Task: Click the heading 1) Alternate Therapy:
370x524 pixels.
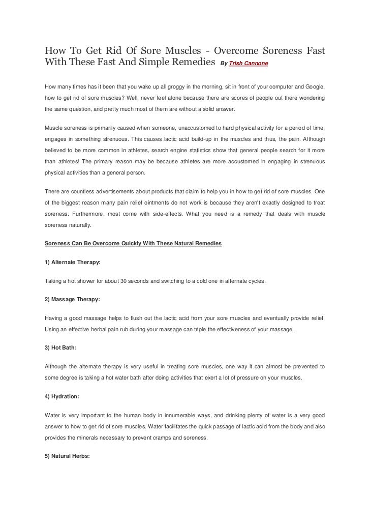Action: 73,262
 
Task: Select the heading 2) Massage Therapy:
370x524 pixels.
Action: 72,300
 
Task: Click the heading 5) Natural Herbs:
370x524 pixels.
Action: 68,456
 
